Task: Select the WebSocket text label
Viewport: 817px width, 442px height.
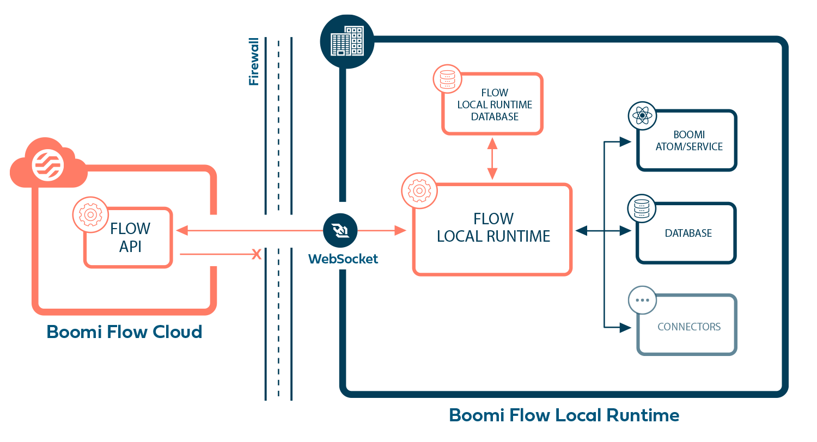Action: pyautogui.click(x=343, y=259)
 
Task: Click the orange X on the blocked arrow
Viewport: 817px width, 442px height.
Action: pyautogui.click(x=256, y=254)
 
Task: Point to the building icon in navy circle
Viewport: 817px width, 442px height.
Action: pyautogui.click(x=347, y=41)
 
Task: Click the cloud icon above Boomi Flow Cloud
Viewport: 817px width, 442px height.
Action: pyautogui.click(x=48, y=163)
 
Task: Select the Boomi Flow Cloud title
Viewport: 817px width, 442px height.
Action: pyautogui.click(x=124, y=331)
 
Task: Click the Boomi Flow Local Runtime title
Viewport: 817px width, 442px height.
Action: pyautogui.click(x=564, y=415)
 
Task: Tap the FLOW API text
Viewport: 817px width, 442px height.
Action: pyautogui.click(x=131, y=237)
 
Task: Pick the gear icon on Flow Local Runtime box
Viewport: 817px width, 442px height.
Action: pyautogui.click(x=419, y=191)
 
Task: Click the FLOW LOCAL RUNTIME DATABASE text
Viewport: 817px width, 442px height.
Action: pyautogui.click(x=495, y=105)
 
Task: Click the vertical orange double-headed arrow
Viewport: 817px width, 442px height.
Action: pyautogui.click(x=492, y=158)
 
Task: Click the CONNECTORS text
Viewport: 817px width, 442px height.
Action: pyautogui.click(x=688, y=327)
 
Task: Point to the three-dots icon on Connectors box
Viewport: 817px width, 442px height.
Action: pyautogui.click(x=642, y=300)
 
